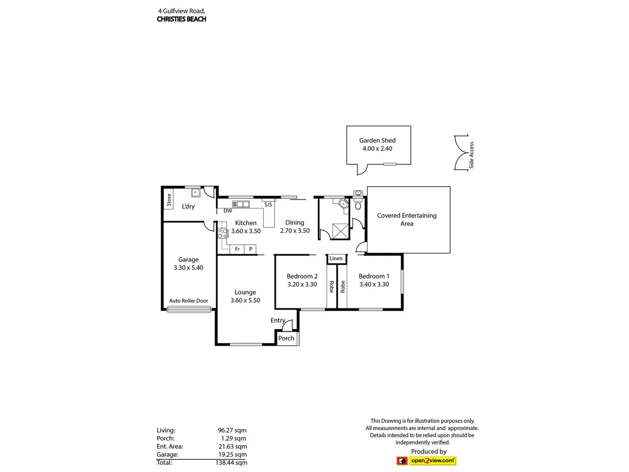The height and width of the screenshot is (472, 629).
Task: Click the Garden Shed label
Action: coord(377,140)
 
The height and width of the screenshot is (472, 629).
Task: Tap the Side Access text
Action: coord(471,155)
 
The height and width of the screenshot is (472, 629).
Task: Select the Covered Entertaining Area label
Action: coord(407,219)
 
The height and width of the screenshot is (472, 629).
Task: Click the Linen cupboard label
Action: coord(336,259)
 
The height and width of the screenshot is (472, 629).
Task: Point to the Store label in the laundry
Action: coord(169,200)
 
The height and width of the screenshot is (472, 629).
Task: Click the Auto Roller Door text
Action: coord(189,301)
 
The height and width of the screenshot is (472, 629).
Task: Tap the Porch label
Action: coord(286,338)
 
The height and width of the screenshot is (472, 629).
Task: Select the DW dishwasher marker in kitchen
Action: coord(228,211)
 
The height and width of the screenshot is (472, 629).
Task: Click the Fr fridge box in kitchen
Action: coord(237,249)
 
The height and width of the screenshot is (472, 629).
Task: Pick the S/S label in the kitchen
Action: coord(268,205)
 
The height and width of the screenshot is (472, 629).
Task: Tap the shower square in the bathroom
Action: coord(341,231)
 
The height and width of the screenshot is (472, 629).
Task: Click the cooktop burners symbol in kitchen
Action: coord(222,233)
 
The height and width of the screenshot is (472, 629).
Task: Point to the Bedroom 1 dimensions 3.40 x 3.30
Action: coord(374,285)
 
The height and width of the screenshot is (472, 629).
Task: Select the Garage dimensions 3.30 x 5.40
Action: coord(188,268)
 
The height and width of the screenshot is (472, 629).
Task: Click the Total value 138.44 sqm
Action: coord(231,463)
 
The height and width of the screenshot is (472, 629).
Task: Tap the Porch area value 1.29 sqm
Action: coord(233,438)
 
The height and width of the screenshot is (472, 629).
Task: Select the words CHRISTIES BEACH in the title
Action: coord(181,19)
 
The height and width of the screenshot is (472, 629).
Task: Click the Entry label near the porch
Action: coord(278,320)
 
